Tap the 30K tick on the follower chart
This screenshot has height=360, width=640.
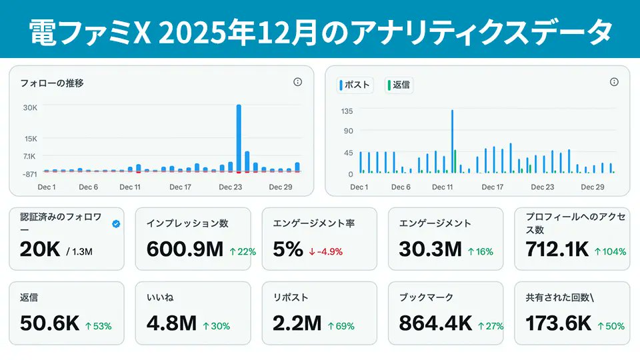tap(30, 107)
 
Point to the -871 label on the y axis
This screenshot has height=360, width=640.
tap(29, 174)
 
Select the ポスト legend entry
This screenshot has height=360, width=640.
tap(356, 85)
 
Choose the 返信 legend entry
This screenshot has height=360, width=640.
tap(399, 85)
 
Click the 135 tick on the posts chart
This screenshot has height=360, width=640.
tap(347, 111)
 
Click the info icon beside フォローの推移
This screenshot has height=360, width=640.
tap(297, 82)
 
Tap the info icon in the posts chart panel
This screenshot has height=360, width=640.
tap(614, 82)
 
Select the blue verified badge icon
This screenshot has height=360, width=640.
tap(117, 224)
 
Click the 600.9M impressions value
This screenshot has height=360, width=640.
tap(185, 249)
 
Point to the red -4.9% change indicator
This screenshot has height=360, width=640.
tap(326, 252)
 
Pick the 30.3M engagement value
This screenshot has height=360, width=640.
tap(430, 249)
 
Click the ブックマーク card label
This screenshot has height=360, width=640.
tap(426, 298)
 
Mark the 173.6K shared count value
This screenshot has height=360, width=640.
tap(558, 323)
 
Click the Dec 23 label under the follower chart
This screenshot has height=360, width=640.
tap(230, 187)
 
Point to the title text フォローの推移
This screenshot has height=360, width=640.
tap(52, 83)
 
